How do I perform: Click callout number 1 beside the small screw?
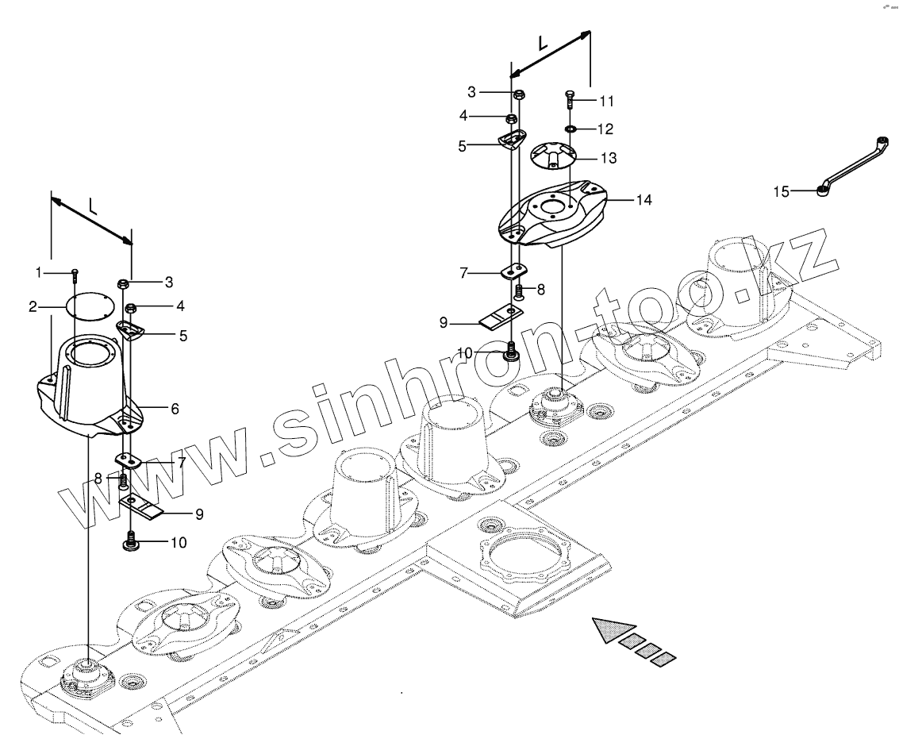(x=38, y=272)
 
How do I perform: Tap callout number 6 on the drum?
(x=175, y=409)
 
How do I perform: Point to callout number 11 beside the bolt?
(x=606, y=101)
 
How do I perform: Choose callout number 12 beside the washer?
(x=605, y=129)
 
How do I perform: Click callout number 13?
(x=608, y=158)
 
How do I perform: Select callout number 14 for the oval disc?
(x=644, y=200)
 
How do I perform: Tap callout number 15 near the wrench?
(x=782, y=190)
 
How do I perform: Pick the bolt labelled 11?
(x=571, y=100)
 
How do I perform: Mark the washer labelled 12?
(x=571, y=129)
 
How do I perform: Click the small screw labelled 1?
(x=74, y=274)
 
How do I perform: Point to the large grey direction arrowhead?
(x=608, y=630)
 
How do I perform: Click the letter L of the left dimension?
(x=93, y=208)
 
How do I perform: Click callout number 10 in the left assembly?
(x=179, y=544)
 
